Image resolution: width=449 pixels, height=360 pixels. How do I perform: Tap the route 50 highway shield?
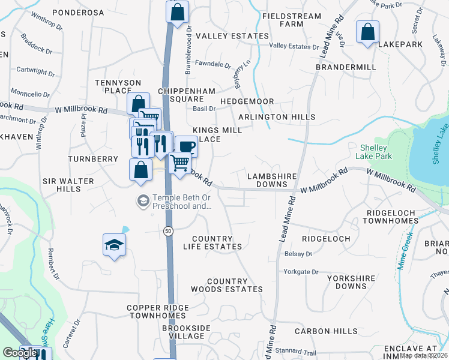pos(167,230)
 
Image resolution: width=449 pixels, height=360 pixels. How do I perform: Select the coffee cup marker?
pos(186,146)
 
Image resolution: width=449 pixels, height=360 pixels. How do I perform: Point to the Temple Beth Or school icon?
pos(143,200)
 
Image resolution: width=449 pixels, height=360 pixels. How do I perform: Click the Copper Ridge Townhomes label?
pos(158,311)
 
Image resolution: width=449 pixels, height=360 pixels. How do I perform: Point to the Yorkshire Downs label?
pos(351,282)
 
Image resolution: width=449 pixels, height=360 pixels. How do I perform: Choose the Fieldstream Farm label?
pos(300,20)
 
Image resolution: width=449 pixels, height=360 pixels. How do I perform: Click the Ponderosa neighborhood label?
pos(79,13)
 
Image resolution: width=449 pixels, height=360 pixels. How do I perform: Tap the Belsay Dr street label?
pos(299,254)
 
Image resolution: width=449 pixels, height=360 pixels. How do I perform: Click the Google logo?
pos(19,353)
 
